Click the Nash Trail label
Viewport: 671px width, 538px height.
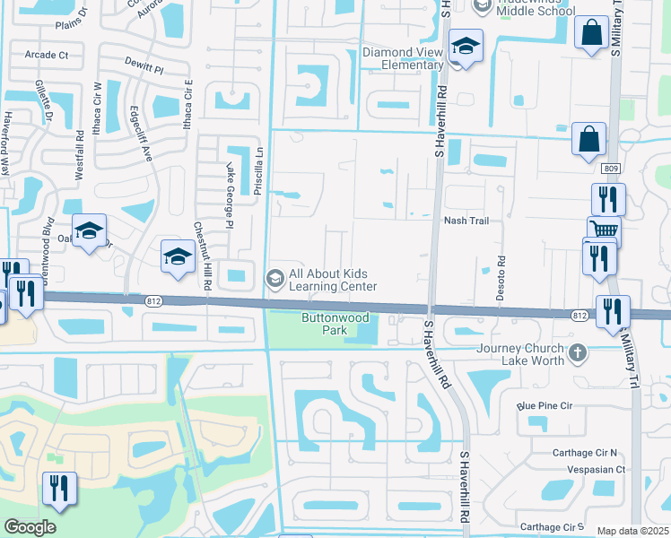[x=466, y=221]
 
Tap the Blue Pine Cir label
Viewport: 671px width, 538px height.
[x=544, y=405]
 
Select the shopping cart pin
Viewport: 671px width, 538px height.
[x=604, y=230]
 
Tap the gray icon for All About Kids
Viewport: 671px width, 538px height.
[x=276, y=279]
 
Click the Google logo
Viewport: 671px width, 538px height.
[x=30, y=527]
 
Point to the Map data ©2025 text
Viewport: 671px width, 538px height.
[x=632, y=531]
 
